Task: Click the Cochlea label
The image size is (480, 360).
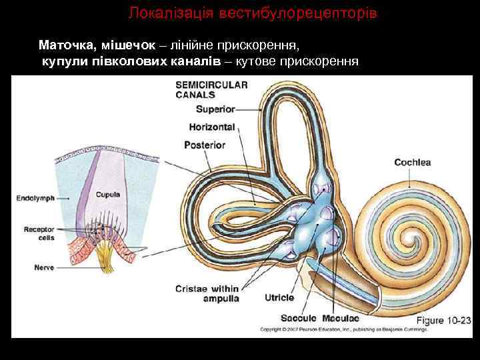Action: (412, 162)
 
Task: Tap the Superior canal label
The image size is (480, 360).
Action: (216, 109)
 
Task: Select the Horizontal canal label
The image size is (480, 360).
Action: (211, 127)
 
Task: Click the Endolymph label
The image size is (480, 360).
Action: (35, 198)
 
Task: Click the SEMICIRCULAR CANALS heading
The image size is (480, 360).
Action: (211, 89)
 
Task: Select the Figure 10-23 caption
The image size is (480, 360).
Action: (444, 320)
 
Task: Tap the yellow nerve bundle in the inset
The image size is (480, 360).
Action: (106, 256)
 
